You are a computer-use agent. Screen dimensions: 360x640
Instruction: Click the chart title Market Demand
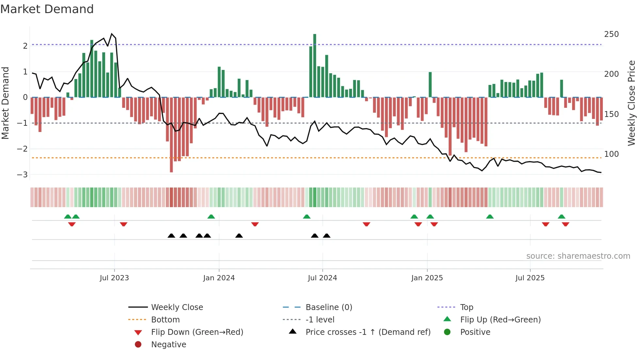pyautogui.click(x=47, y=9)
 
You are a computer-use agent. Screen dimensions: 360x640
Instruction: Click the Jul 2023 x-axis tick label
pyautogui.click(x=114, y=278)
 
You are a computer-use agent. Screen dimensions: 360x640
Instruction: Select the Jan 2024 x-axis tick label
pyautogui.click(x=219, y=278)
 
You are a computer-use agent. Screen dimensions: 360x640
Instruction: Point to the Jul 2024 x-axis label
pyautogui.click(x=322, y=278)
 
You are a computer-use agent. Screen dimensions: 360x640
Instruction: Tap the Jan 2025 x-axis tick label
pyautogui.click(x=427, y=278)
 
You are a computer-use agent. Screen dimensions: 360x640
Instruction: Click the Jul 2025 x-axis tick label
pyautogui.click(x=530, y=278)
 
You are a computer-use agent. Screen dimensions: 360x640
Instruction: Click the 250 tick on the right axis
pyautogui.click(x=611, y=34)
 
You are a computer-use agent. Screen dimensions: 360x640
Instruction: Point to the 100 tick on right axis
pyautogui.click(x=611, y=154)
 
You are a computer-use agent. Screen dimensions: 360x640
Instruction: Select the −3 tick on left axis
pyautogui.click(x=23, y=174)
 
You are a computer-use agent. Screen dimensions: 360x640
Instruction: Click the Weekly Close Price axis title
pyautogui.click(x=632, y=103)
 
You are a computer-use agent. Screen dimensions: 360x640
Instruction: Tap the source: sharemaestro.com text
pyautogui.click(x=578, y=256)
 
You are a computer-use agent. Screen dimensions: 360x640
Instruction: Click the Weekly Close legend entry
pyautogui.click(x=177, y=307)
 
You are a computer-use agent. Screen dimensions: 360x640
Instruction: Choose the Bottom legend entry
pyautogui.click(x=165, y=320)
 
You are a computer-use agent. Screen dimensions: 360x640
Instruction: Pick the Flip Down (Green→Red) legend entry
pyautogui.click(x=197, y=332)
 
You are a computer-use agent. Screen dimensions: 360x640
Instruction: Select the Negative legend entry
pyautogui.click(x=168, y=345)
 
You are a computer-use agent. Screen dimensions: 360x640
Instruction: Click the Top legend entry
pyautogui.click(x=467, y=307)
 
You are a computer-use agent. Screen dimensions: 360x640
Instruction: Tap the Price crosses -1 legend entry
pyautogui.click(x=368, y=332)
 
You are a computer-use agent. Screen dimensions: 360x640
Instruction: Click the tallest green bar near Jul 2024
pyautogui.click(x=315, y=65)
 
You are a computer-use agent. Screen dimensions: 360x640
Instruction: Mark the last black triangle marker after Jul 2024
pyautogui.click(x=327, y=236)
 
